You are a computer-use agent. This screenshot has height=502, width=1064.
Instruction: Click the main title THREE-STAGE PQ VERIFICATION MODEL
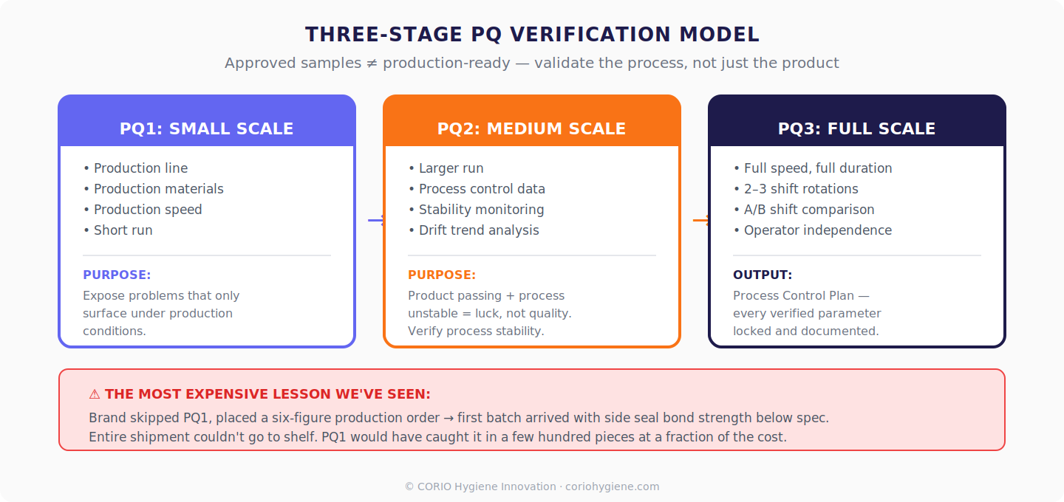click(532, 35)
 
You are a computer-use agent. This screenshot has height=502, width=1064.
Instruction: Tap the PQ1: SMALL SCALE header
click(207, 129)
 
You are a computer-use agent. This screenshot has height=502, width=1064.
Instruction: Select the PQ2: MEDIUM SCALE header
click(532, 129)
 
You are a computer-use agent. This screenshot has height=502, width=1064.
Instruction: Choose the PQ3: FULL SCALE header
click(857, 129)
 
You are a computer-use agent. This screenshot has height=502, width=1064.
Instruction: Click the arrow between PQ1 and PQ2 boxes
click(376, 220)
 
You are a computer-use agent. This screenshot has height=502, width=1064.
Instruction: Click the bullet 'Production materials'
click(158, 189)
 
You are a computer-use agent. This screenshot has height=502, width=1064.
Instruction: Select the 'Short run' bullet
click(123, 230)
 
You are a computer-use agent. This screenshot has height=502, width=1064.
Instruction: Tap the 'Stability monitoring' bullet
click(481, 210)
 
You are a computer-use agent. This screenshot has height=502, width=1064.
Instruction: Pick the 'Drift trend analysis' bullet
click(479, 230)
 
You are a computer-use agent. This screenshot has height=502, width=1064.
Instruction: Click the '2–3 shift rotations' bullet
click(801, 189)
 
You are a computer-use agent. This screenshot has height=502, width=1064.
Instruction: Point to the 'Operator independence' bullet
click(817, 230)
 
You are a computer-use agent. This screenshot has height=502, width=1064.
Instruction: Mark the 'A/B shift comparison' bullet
click(809, 210)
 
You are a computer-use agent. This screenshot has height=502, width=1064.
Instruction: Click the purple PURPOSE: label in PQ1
click(117, 275)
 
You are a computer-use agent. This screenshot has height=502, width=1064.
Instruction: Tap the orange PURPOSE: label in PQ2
click(442, 275)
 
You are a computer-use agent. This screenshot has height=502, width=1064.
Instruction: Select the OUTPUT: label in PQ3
click(763, 275)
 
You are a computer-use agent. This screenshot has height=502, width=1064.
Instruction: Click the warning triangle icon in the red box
click(95, 394)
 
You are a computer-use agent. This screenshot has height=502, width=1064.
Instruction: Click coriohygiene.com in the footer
click(612, 486)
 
